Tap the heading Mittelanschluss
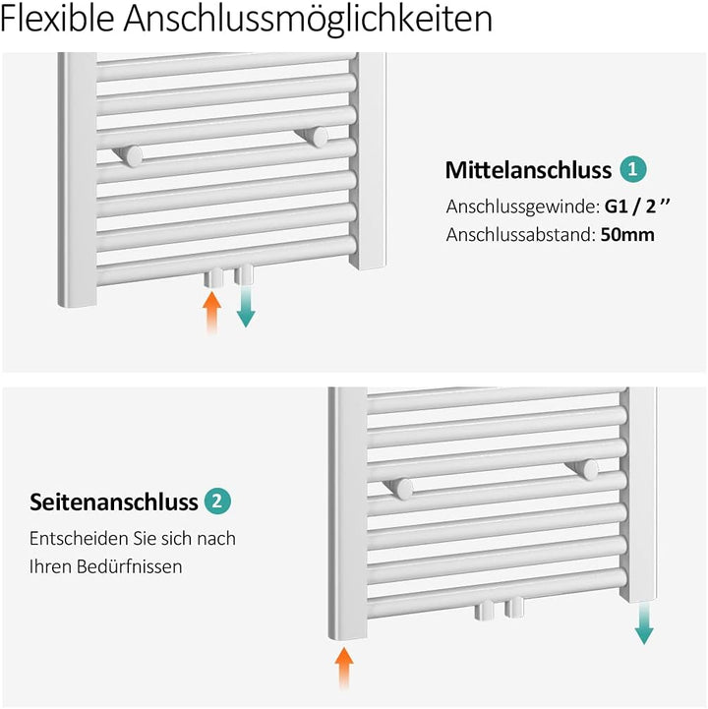tap(528, 170)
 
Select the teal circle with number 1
tap(632, 170)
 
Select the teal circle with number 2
tap(218, 502)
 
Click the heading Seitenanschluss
tap(114, 502)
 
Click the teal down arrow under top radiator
tap(246, 307)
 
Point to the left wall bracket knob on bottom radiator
tap(401, 487)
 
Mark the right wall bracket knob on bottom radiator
tap(587, 469)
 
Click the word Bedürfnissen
tap(134, 567)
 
